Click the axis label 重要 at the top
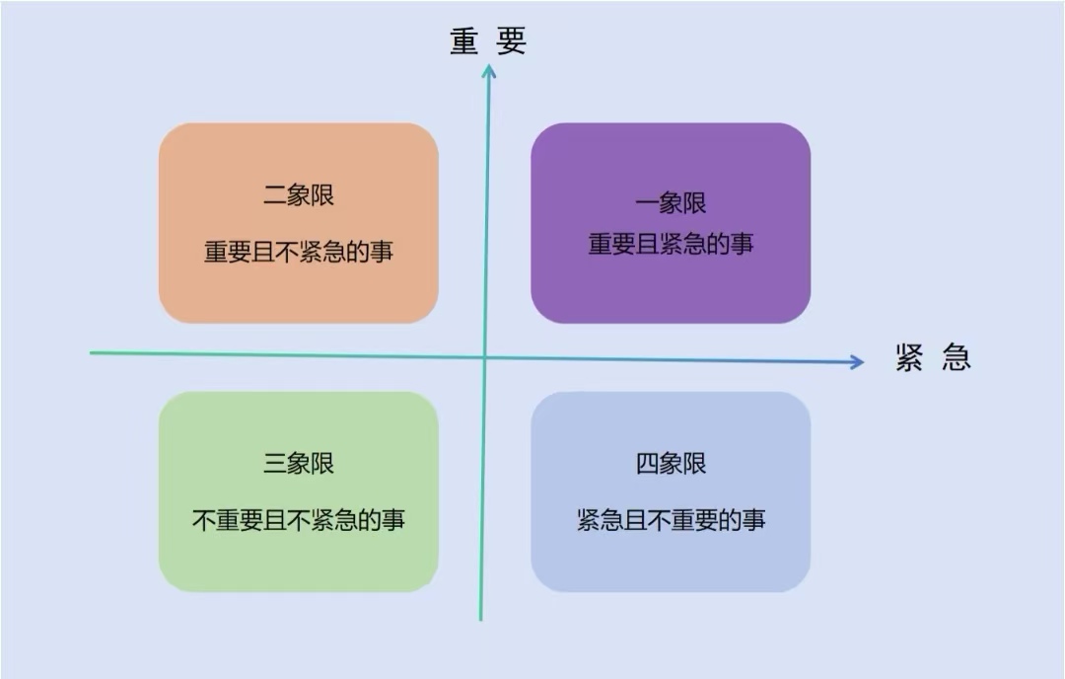488,41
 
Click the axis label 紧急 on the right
933,357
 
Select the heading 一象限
671,203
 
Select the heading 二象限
299,194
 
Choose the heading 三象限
299,463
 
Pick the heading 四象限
671,463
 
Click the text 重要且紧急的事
671,244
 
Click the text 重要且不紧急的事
299,252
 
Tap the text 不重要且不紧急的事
299,520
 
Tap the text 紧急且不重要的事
671,520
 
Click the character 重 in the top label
464,41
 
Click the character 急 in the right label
956,357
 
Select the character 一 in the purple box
647,203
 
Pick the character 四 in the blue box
647,463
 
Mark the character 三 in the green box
275,463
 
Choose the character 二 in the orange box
275,194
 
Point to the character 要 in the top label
512,41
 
